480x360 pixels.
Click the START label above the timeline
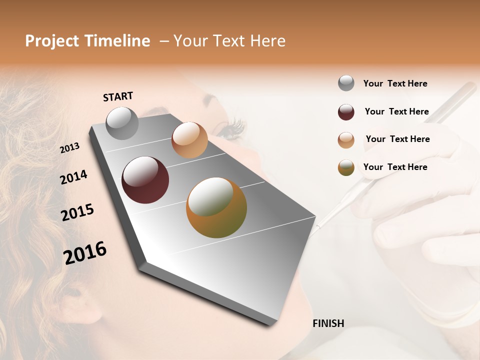(x=118, y=96)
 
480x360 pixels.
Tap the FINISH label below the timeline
(x=328, y=323)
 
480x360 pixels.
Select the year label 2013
(x=70, y=147)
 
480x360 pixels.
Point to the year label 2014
(x=73, y=177)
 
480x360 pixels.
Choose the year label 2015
(x=77, y=212)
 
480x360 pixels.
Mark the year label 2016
(x=85, y=252)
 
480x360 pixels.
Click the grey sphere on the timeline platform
(x=122, y=123)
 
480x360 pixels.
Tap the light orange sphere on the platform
(x=189, y=140)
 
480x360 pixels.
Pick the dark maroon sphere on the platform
(x=145, y=180)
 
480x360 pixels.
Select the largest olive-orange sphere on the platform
(x=216, y=207)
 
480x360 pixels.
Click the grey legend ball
(x=346, y=83)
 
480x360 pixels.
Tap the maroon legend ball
(x=346, y=112)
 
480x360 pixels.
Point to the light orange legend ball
(x=346, y=140)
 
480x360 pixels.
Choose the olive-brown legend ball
(x=346, y=168)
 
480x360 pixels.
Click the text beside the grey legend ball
(x=395, y=83)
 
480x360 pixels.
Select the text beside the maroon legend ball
(x=396, y=111)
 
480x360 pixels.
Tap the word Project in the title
(x=52, y=41)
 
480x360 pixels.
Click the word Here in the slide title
(x=267, y=41)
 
